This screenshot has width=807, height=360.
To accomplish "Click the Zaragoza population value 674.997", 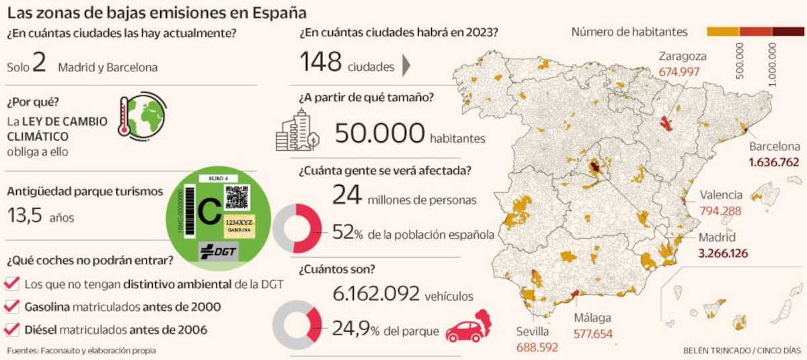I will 679,71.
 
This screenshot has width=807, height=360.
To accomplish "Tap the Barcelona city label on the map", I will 774,147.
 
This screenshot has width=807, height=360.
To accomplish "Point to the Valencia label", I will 721,195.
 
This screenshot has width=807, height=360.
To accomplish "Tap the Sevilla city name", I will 533,331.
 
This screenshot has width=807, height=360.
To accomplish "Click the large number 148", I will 321,63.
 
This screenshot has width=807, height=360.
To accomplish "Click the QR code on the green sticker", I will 237,196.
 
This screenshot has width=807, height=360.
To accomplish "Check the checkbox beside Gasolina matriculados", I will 12,307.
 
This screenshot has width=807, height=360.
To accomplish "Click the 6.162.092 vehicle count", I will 377,294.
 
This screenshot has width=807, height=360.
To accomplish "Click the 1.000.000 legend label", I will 773,63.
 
